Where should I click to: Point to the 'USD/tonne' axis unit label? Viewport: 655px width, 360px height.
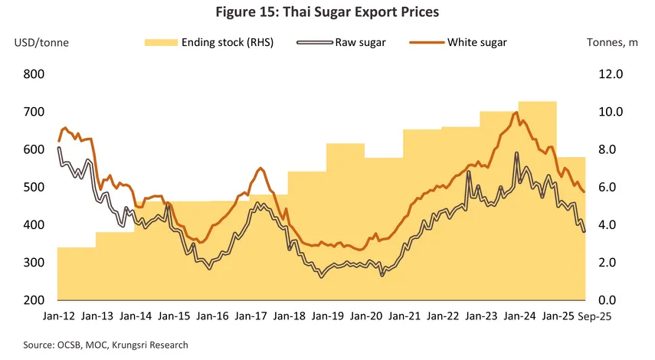pos(41,42)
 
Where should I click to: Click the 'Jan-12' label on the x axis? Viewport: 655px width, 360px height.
pos(57,316)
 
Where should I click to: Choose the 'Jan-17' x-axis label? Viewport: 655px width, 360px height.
pos(251,316)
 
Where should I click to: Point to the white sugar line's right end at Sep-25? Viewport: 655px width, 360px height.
pos(585,192)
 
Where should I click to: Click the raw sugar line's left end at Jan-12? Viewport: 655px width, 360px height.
pos(59,148)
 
